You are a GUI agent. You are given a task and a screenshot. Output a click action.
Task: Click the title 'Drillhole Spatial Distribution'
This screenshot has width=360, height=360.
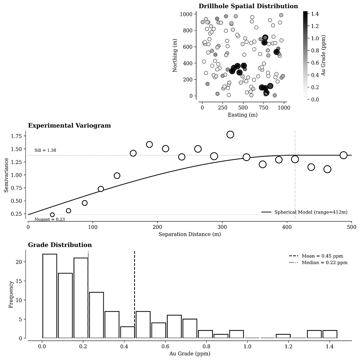(x=248, y=6)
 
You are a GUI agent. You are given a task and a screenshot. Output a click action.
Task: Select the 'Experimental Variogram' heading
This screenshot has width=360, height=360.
(x=69, y=126)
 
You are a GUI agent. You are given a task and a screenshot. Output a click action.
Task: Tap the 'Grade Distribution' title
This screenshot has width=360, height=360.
(x=60, y=245)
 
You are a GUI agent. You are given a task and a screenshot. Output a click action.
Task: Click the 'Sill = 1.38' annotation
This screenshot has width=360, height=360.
(x=45, y=150)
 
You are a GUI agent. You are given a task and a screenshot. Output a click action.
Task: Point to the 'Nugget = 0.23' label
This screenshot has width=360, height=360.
(x=49, y=219)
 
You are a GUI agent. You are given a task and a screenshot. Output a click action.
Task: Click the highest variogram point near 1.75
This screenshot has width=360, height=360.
(x=230, y=134)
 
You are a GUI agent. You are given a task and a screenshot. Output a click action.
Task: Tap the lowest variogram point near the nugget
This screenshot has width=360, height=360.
(x=52, y=215)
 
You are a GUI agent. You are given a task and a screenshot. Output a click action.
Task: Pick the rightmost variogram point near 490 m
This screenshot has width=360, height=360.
(x=343, y=155)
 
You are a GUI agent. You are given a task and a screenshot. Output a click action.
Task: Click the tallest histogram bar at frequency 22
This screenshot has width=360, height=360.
(x=49, y=296)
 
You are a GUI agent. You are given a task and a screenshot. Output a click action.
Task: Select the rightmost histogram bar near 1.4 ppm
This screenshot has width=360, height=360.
(x=330, y=334)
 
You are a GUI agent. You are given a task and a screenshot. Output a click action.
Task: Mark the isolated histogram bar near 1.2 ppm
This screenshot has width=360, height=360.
(x=283, y=336)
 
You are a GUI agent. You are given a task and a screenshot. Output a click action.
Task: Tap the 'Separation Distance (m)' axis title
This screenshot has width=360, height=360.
(x=190, y=234)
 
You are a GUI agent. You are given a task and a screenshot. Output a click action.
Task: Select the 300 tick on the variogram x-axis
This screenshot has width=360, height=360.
(x=222, y=227)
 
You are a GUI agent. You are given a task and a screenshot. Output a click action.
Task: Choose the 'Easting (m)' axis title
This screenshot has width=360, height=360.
(x=243, y=115)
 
